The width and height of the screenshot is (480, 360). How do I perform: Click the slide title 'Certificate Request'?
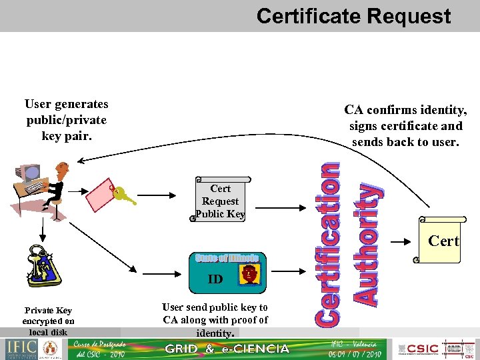353,16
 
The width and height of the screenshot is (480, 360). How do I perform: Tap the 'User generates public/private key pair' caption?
66,120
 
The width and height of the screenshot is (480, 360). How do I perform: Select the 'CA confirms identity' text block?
405,126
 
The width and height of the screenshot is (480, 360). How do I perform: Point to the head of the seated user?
63,168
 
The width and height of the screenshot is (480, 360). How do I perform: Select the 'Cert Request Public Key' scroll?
220,199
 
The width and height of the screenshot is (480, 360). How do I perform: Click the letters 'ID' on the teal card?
215,279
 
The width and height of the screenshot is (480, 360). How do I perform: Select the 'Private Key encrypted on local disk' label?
48,321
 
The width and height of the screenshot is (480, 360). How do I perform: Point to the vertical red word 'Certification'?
327,245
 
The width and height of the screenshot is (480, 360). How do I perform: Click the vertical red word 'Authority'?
368,245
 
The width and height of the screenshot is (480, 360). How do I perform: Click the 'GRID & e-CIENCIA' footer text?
227,349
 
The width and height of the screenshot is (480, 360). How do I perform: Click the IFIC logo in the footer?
22,349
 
